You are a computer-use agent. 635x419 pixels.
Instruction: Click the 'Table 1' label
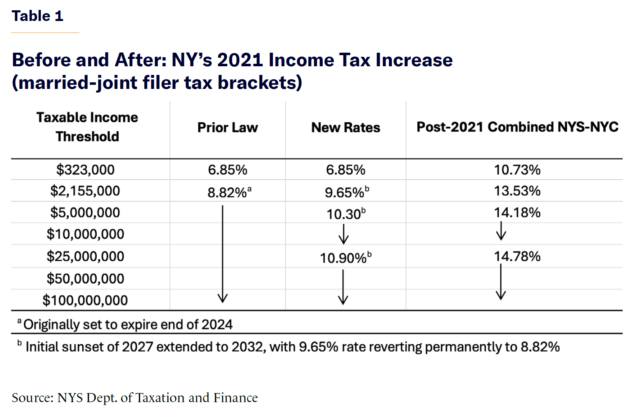pyautogui.click(x=37, y=16)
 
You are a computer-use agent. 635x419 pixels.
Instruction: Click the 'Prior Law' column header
pyautogui.click(x=228, y=128)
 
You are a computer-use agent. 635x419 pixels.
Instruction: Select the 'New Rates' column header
pyautogui.click(x=346, y=128)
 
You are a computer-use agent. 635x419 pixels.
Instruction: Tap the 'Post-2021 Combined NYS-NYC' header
pyautogui.click(x=517, y=127)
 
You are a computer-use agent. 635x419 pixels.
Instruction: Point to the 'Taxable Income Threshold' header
pyautogui.click(x=87, y=127)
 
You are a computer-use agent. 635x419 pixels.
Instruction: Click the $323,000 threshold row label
pyautogui.click(x=85, y=170)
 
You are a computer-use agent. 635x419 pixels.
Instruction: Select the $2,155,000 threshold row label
pyautogui.click(x=85, y=191)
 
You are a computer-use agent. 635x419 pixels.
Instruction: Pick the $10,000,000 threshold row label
pyautogui.click(x=85, y=234)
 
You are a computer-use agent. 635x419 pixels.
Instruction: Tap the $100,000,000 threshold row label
pyautogui.click(x=85, y=300)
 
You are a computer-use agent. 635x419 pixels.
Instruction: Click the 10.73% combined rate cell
pyautogui.click(x=517, y=170)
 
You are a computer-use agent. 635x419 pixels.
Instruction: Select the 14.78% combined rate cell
pyautogui.click(x=517, y=256)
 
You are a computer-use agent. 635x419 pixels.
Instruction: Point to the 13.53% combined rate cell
pyautogui.click(x=517, y=191)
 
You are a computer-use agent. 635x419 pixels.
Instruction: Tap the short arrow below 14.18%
pyautogui.click(x=501, y=231)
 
